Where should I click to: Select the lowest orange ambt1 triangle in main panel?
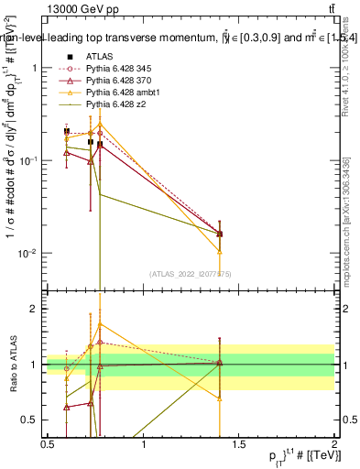tap(220, 251)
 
